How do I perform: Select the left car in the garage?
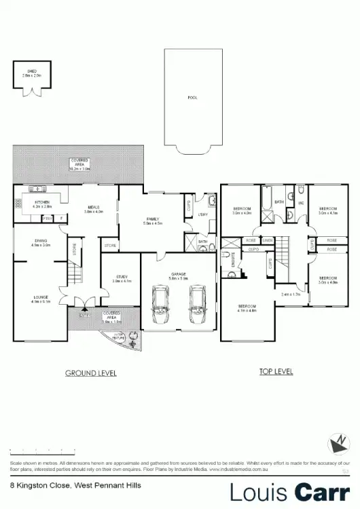click(162, 306)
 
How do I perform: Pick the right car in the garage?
click(198, 306)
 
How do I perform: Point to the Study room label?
click(120, 278)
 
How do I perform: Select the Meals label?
click(93, 209)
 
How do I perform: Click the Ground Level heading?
click(90, 373)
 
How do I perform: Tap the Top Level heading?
click(276, 371)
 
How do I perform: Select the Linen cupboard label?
click(267, 240)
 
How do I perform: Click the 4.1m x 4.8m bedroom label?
click(247, 309)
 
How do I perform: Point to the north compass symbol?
click(338, 445)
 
